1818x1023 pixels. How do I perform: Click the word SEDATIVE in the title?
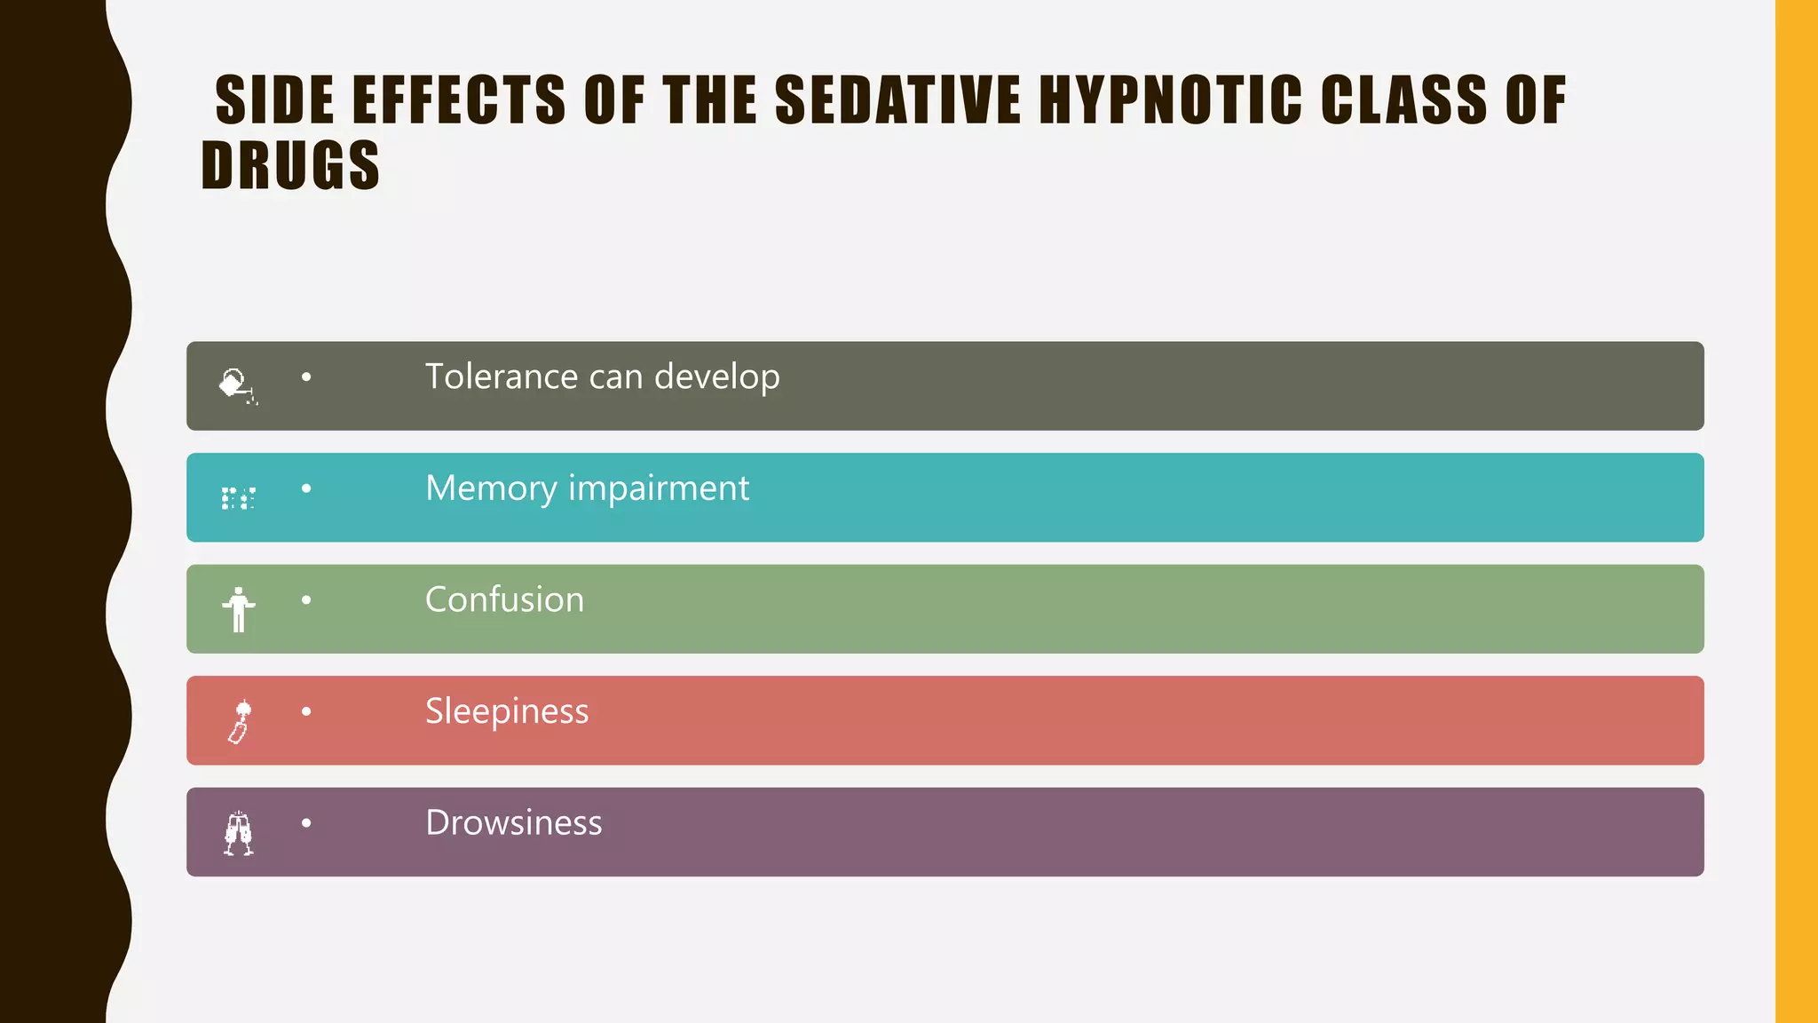897,99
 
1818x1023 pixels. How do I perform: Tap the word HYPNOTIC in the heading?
1170,99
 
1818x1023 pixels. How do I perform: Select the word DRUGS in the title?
290,166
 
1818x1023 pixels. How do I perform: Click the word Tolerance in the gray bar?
502,377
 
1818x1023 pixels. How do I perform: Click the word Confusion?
504,600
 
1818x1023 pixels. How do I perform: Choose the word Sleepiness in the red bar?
506,712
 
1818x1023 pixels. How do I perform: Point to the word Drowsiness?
513,823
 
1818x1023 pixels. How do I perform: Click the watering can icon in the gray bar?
237,385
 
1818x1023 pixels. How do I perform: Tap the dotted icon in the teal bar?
238,498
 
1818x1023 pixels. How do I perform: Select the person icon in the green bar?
238,609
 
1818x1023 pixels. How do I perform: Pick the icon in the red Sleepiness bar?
240,721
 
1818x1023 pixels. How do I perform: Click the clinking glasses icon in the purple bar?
238,833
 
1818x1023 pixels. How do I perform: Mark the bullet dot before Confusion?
306,600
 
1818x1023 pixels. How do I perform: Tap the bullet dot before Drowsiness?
306,823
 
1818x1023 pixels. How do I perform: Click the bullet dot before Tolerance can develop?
306,377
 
